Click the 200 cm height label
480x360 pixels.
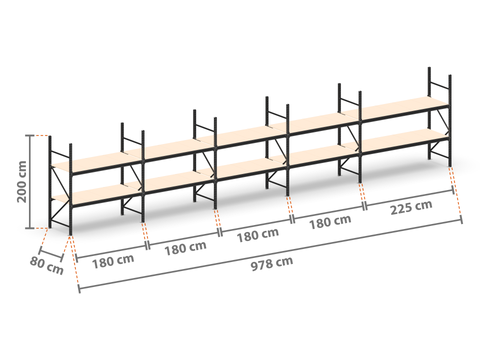[x=22, y=182]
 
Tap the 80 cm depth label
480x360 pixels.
[x=46, y=266]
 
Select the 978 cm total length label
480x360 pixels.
[x=272, y=263]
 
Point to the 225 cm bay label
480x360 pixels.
[x=411, y=207]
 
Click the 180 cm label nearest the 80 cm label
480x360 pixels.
[x=113, y=261]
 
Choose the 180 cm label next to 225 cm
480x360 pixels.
[x=330, y=222]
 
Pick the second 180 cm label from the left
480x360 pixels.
[x=185, y=248]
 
